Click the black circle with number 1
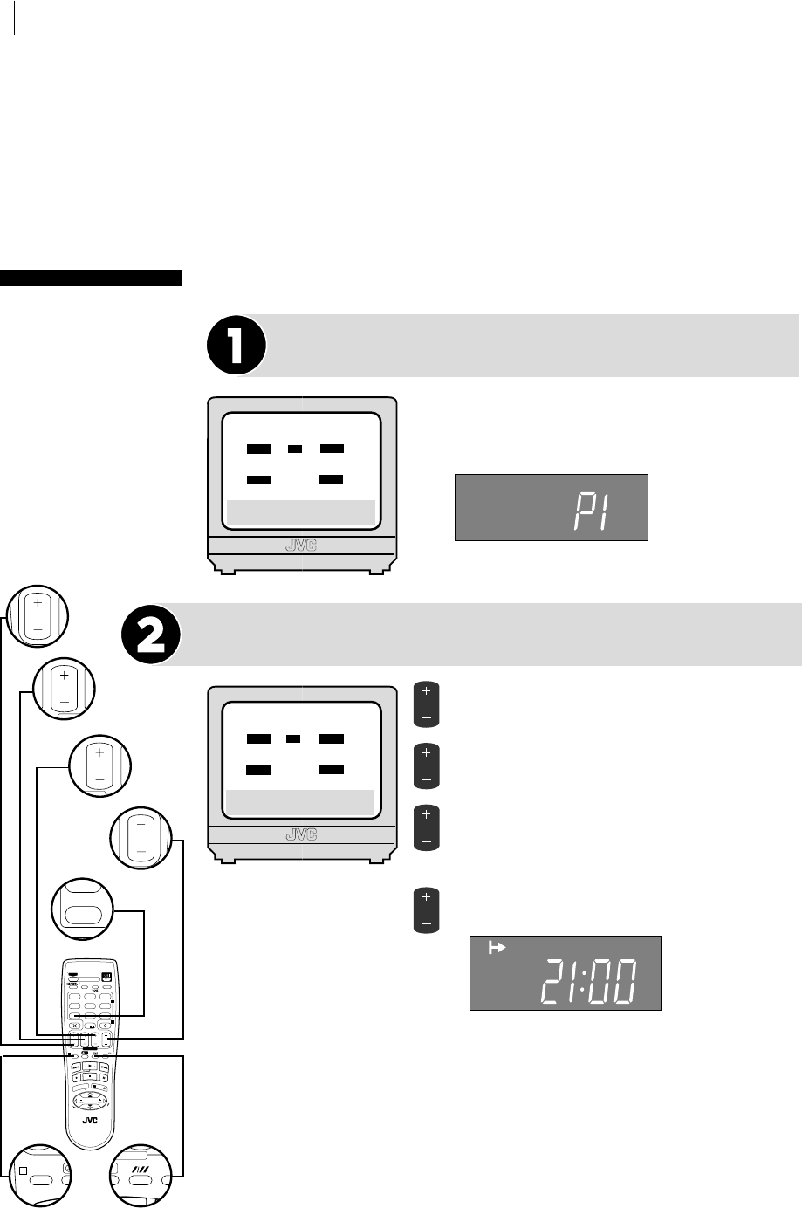(x=236, y=345)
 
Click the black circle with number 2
(x=150, y=635)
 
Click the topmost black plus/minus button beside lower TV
(x=426, y=705)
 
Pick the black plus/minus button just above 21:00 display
(x=426, y=909)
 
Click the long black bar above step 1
(x=91, y=278)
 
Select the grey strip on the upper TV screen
(x=300, y=511)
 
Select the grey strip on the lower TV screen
(x=300, y=800)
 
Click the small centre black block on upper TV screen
(x=295, y=449)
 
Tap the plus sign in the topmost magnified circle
(x=37, y=603)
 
